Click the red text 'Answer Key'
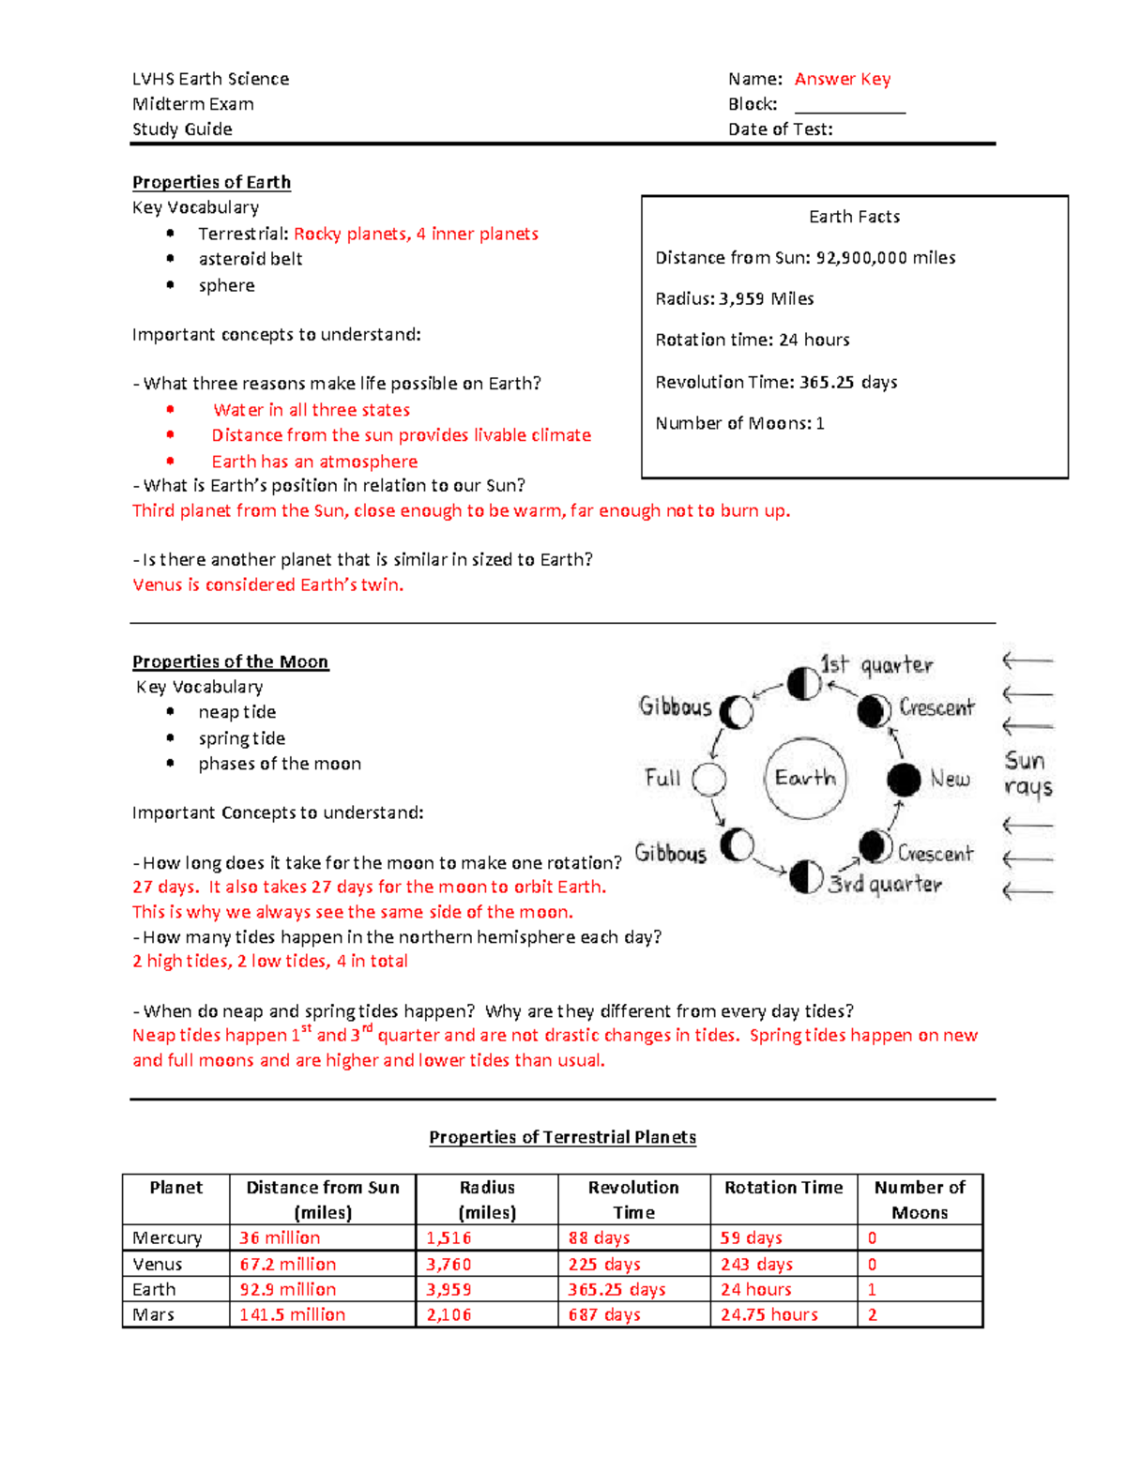click(x=842, y=79)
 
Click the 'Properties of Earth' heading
click(x=211, y=182)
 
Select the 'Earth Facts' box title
click(x=854, y=217)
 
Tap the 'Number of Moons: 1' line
click(x=739, y=423)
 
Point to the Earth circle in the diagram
click(x=805, y=778)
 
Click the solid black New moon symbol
click(x=904, y=779)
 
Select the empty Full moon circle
click(x=708, y=779)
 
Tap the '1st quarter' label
click(x=876, y=665)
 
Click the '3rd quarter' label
click(x=885, y=884)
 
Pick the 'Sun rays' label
click(x=1027, y=773)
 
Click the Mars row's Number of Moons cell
click(x=919, y=1314)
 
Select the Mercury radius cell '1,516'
click(x=449, y=1237)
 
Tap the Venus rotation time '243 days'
click(x=756, y=1264)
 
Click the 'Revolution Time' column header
click(x=633, y=1199)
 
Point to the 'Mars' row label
click(x=154, y=1314)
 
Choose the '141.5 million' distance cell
click(x=292, y=1314)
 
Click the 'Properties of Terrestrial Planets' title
click(x=562, y=1137)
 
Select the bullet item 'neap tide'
click(x=236, y=712)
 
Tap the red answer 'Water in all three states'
click(x=312, y=410)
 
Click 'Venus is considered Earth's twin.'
click(x=267, y=584)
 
